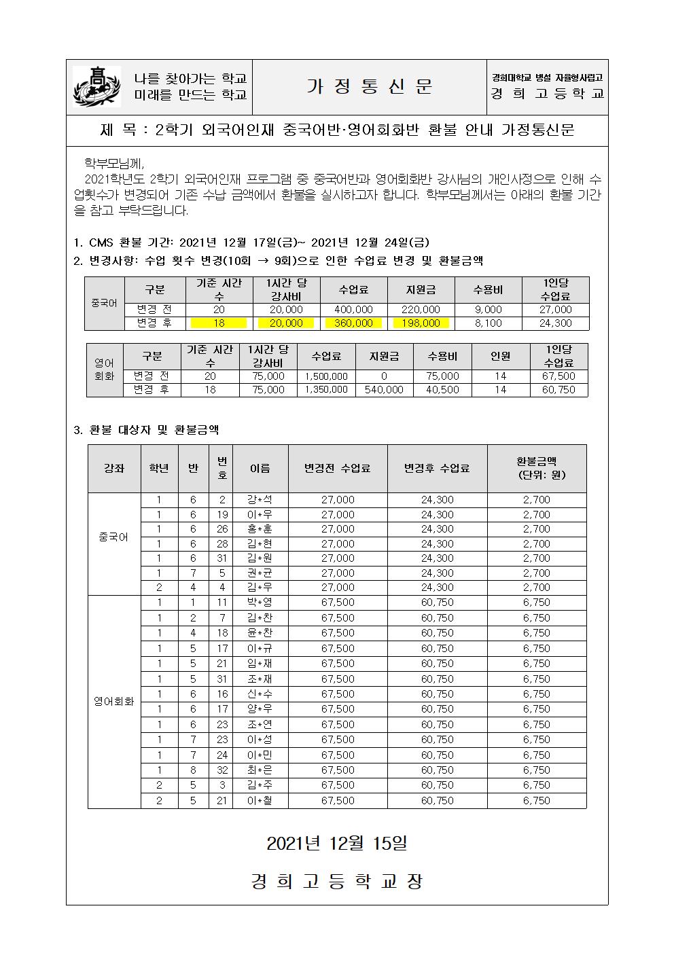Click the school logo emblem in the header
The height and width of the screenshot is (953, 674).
(96, 86)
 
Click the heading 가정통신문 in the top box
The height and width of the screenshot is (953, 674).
(369, 86)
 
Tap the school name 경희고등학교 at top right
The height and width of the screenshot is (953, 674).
(548, 94)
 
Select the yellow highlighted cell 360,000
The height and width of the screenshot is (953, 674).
(353, 323)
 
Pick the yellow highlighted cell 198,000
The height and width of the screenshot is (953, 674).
(421, 323)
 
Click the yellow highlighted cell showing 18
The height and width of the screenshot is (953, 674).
(219, 323)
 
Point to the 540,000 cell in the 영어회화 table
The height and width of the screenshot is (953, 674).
(384, 390)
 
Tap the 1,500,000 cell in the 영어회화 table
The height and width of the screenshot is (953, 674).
(326, 376)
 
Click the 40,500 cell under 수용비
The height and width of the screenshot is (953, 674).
(442, 390)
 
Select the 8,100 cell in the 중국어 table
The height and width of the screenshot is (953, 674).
(488, 323)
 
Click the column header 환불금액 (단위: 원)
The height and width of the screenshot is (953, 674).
(536, 468)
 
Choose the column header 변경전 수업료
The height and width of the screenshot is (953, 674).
(338, 468)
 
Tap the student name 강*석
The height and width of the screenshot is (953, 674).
(260, 500)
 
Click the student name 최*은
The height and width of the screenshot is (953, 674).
(260, 770)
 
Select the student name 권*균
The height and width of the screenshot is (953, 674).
(260, 573)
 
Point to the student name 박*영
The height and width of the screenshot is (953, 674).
(260, 603)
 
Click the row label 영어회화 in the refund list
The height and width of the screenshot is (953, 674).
(114, 702)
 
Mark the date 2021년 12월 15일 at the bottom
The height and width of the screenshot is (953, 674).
(337, 844)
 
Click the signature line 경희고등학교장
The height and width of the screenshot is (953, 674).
(337, 882)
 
